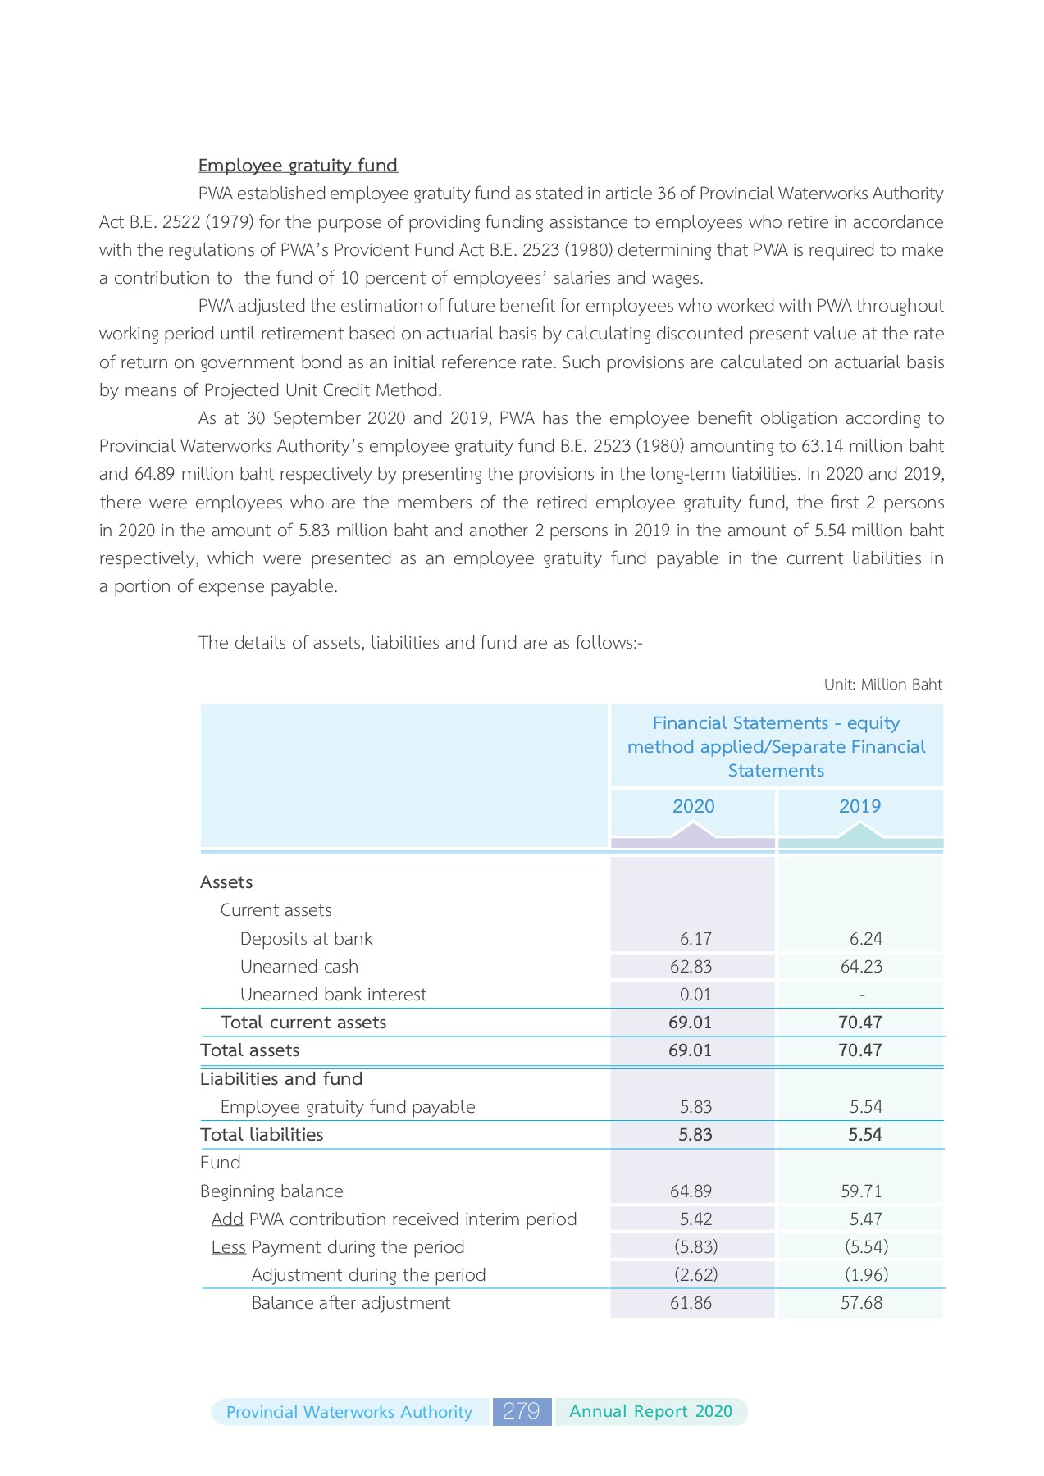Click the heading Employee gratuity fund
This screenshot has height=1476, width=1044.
tap(298, 166)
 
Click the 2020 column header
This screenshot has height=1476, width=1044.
tap(693, 806)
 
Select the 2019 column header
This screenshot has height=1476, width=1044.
tap(859, 806)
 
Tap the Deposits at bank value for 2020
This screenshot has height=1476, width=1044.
tap(695, 939)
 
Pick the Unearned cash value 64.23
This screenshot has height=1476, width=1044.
tap(861, 967)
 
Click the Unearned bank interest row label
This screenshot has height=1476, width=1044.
tap(333, 995)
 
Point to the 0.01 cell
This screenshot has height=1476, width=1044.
tap(695, 995)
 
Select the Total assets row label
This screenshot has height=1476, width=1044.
tap(250, 1050)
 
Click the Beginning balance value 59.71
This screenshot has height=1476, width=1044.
tap(861, 1191)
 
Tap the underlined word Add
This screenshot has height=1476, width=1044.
tap(227, 1219)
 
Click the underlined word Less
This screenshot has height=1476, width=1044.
tap(228, 1247)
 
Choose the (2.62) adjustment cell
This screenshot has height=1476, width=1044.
tap(695, 1275)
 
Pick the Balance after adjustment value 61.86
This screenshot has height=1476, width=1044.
tap(691, 1303)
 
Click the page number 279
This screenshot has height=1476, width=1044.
tap(522, 1411)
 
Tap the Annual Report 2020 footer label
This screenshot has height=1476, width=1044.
tap(650, 1411)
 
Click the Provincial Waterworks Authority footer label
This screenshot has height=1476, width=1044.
tap(349, 1412)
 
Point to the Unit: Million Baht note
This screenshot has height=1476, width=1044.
tap(882, 685)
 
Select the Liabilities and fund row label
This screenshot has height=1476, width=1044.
tap(281, 1079)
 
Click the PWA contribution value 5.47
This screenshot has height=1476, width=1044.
tap(866, 1219)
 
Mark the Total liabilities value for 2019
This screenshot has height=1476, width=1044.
tap(864, 1135)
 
